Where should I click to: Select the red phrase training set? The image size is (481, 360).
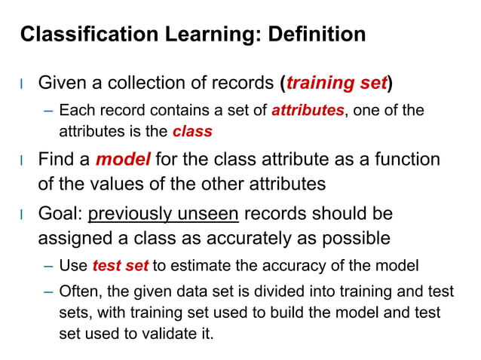click(x=335, y=82)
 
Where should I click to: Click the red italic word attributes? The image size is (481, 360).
click(x=308, y=111)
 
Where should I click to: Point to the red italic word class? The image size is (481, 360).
click(x=192, y=132)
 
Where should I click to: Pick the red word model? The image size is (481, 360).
click(x=124, y=160)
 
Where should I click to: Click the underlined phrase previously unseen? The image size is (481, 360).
click(x=164, y=214)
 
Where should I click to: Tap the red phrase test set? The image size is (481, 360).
click(x=121, y=265)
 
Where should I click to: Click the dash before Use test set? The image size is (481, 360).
click(x=47, y=265)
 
